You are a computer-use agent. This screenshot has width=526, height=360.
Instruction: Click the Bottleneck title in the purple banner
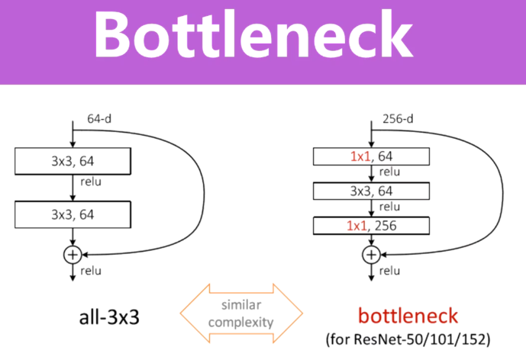point(262,34)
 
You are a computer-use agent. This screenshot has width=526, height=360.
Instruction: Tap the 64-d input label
point(100,119)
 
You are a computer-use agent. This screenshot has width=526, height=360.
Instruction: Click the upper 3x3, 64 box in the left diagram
point(73,160)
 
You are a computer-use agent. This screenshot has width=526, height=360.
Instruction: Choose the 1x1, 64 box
point(372,157)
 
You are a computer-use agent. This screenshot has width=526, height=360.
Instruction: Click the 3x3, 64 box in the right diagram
point(372,191)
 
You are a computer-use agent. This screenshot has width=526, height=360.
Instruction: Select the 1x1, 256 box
point(372,226)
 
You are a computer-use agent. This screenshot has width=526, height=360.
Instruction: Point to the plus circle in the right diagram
point(372,255)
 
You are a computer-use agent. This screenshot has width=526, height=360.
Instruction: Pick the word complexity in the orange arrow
point(243,322)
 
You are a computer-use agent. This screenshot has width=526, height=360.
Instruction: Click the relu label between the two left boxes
point(90,182)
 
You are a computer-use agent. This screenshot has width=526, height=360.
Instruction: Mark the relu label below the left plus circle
point(90,271)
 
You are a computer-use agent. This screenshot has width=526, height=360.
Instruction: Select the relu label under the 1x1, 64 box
point(389,173)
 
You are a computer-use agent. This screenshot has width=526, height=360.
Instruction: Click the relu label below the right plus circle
point(389,271)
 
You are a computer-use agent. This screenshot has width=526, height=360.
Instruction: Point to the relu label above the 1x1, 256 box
point(389,207)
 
